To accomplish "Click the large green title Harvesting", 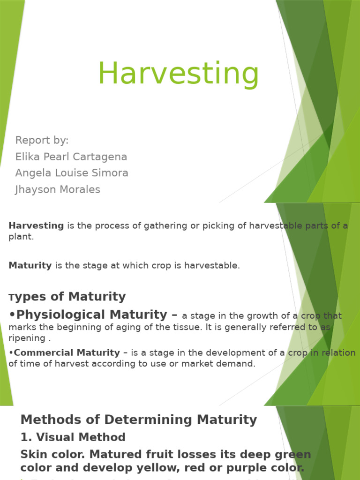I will pos(178,74).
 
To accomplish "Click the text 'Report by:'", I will pos(42,140).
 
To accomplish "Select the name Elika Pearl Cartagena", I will pos(71,157).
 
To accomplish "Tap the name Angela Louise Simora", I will pos(72,173).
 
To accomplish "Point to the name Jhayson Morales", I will pos(58,189).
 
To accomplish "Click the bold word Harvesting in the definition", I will pos(36,225).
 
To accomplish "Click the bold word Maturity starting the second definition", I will pos(30,265).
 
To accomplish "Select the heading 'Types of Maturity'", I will pos(67,297).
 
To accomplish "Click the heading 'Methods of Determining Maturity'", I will pos(139,420).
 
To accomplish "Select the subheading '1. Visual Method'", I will pos(73,437).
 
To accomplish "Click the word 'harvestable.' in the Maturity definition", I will pos(214,265).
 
